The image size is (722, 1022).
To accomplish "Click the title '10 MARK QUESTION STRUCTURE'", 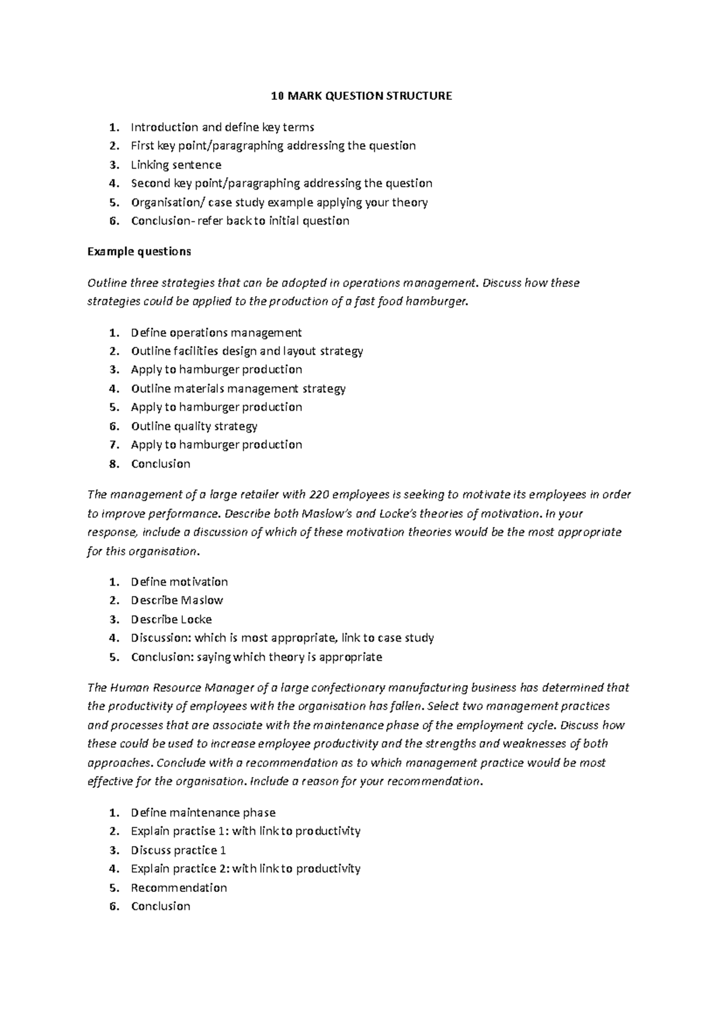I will pyautogui.click(x=361, y=96).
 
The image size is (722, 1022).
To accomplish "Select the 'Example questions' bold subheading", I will pyautogui.click(x=139, y=252).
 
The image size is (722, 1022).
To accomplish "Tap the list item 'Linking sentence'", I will pyautogui.click(x=176, y=165).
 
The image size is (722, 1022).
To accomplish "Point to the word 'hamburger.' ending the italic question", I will pyautogui.click(x=437, y=302).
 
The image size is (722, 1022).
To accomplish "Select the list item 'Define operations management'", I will pyautogui.click(x=216, y=333).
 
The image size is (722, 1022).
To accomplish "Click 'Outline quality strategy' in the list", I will pyautogui.click(x=194, y=426).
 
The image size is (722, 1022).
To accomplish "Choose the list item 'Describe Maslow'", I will pyautogui.click(x=177, y=601).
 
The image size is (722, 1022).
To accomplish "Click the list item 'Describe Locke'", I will pyautogui.click(x=171, y=619).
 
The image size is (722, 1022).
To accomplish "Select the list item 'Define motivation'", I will pyautogui.click(x=179, y=582).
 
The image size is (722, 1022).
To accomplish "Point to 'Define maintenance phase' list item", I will pyautogui.click(x=203, y=813).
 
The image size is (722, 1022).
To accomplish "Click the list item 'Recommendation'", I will pyautogui.click(x=179, y=888).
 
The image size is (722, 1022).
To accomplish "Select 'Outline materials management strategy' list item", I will pyautogui.click(x=238, y=389).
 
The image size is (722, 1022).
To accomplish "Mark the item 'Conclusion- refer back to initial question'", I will pyautogui.click(x=239, y=221).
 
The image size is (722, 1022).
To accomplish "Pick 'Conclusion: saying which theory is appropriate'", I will pyautogui.click(x=256, y=657).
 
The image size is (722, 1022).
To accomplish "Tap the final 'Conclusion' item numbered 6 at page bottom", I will pyautogui.click(x=160, y=906).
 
